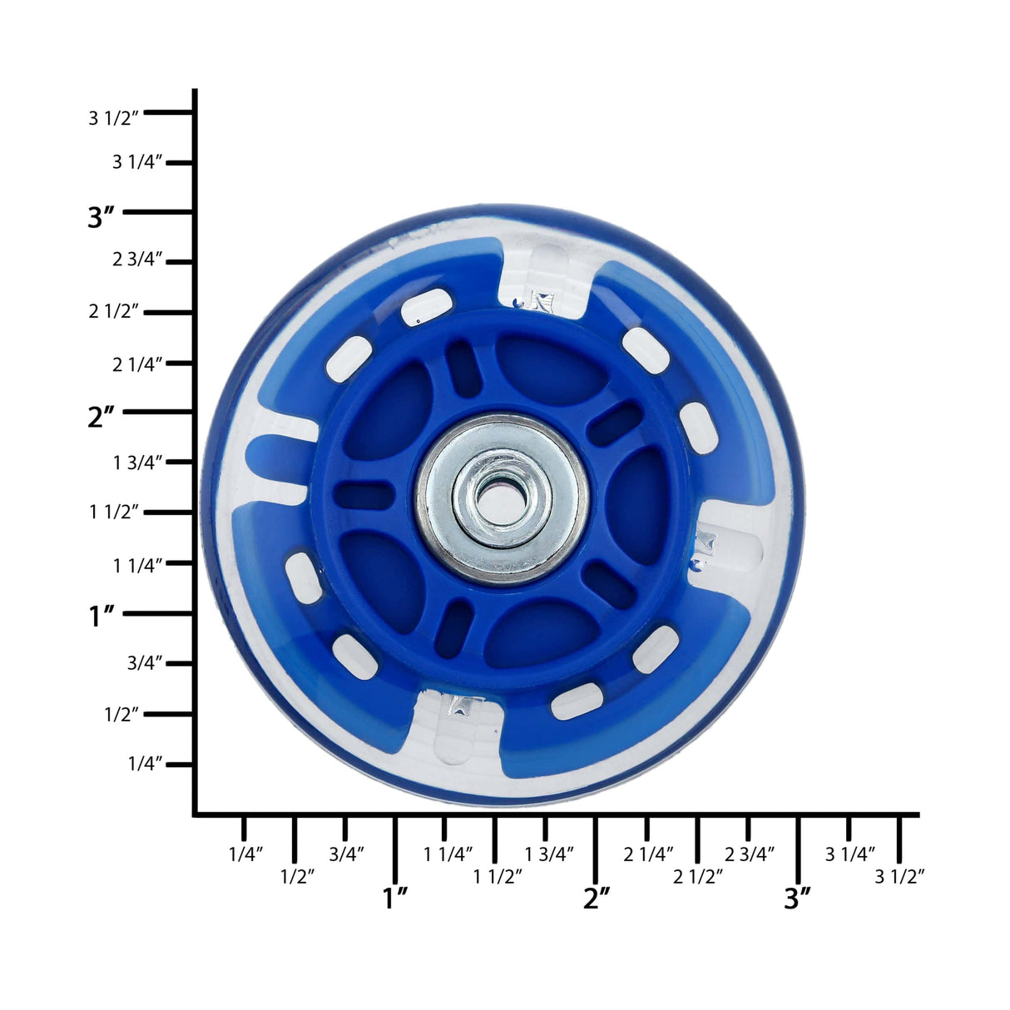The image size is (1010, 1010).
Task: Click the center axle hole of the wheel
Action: click(502, 500)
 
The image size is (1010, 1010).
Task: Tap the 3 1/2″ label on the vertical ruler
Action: click(113, 118)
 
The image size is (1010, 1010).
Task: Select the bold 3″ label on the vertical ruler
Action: click(101, 216)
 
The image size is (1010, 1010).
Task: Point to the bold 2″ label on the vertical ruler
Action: click(101, 416)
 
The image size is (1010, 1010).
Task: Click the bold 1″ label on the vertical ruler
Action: click(101, 616)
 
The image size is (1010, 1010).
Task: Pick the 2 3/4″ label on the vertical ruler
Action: click(137, 260)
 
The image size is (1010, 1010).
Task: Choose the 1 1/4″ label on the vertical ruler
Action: click(137, 566)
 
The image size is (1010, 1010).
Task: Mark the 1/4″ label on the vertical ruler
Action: click(146, 764)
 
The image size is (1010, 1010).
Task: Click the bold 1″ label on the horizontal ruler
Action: click(394, 899)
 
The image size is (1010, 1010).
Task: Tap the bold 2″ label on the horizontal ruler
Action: click(597, 899)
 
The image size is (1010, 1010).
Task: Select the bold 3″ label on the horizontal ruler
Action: click(797, 899)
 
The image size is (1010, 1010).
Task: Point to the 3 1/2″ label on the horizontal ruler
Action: click(899, 876)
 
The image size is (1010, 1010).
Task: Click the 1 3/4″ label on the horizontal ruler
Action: click(549, 854)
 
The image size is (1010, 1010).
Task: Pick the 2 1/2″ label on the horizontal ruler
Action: click(698, 876)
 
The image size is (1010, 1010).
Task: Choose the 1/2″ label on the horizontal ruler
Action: click(297, 876)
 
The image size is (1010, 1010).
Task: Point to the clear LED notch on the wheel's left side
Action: click(279, 458)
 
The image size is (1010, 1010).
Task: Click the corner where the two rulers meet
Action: click(195, 814)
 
